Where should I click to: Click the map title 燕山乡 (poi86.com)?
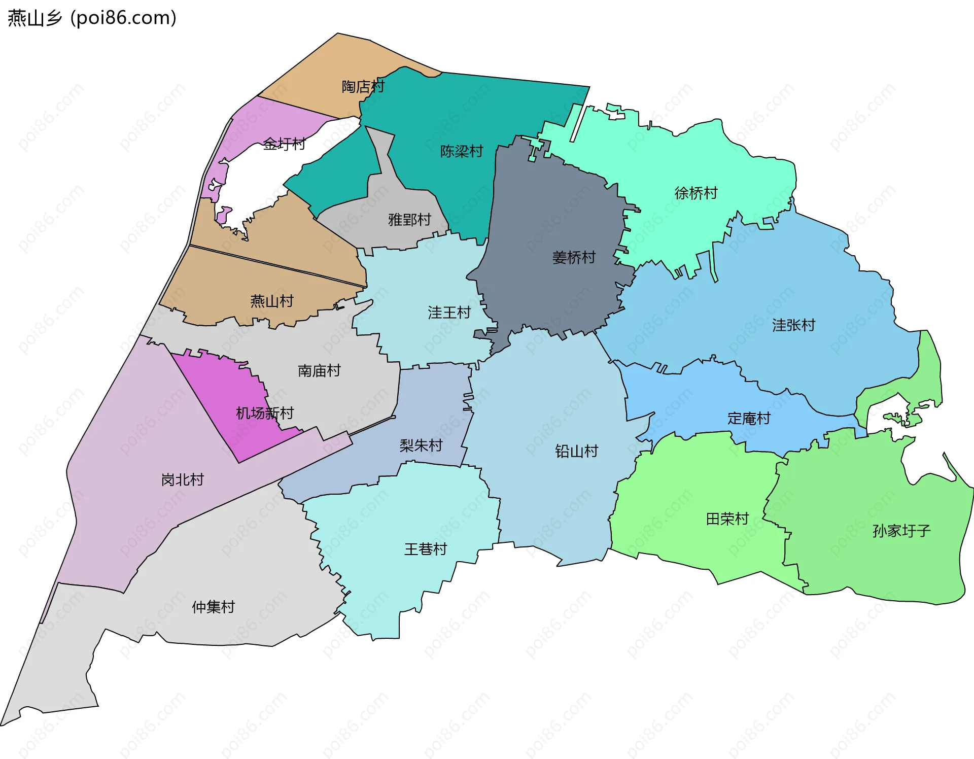92,18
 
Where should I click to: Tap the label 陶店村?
363,87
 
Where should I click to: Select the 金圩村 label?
284,144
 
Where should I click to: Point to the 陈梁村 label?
462,151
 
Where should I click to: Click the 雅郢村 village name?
409,220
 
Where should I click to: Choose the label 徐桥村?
696,193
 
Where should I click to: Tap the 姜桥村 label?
574,258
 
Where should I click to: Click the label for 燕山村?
272,301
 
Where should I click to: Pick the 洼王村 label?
449,313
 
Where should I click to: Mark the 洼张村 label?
793,325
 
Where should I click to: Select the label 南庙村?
319,371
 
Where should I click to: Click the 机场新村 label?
265,413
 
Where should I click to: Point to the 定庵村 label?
749,419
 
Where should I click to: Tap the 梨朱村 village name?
421,445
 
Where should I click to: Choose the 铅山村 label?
577,451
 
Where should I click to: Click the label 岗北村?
183,479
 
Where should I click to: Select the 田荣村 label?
727,519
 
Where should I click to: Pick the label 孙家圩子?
901,531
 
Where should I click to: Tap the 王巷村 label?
426,549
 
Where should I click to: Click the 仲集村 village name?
213,607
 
